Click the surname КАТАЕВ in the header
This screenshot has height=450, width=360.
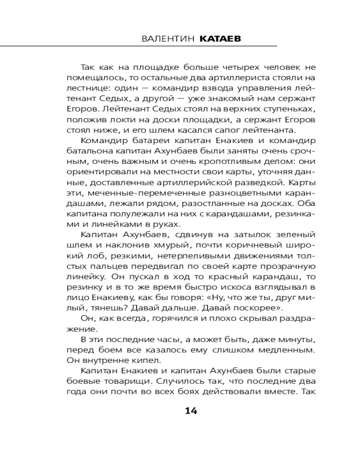pos(219,39)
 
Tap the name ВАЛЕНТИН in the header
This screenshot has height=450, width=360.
pos(167,39)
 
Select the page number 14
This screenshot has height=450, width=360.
pos(191,410)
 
